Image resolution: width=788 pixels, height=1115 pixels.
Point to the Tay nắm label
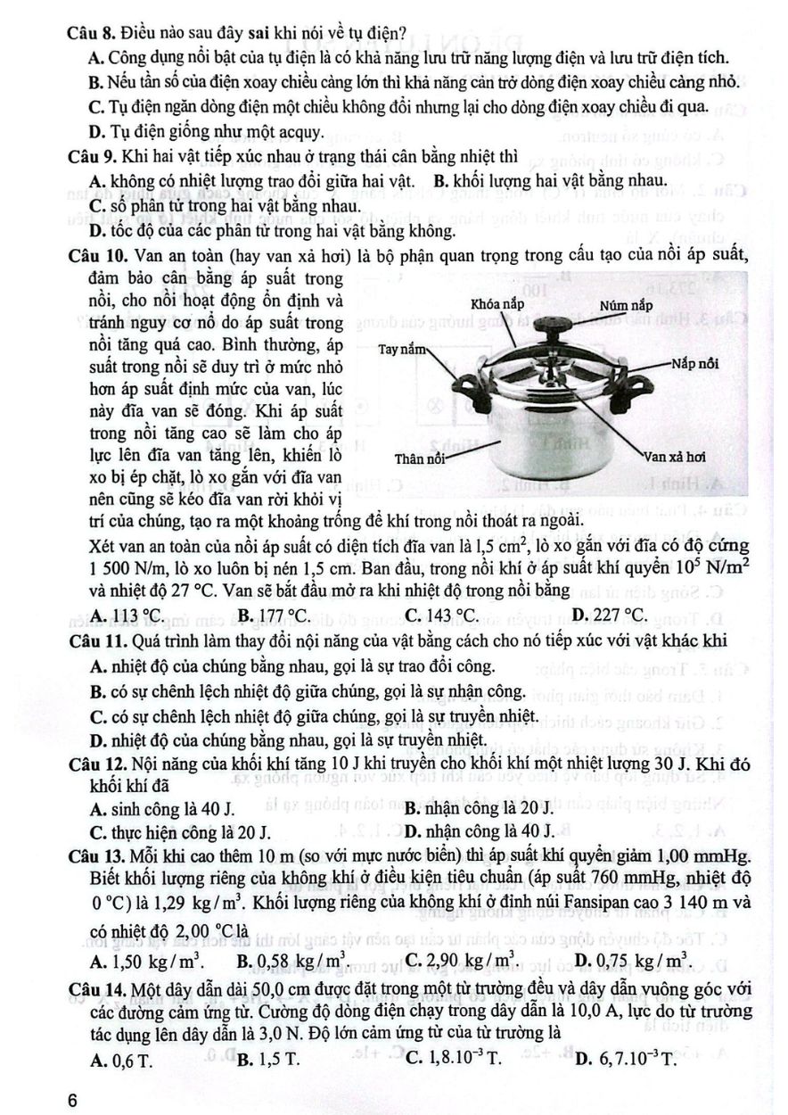403,348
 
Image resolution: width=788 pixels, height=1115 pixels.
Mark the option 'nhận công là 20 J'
460,810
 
